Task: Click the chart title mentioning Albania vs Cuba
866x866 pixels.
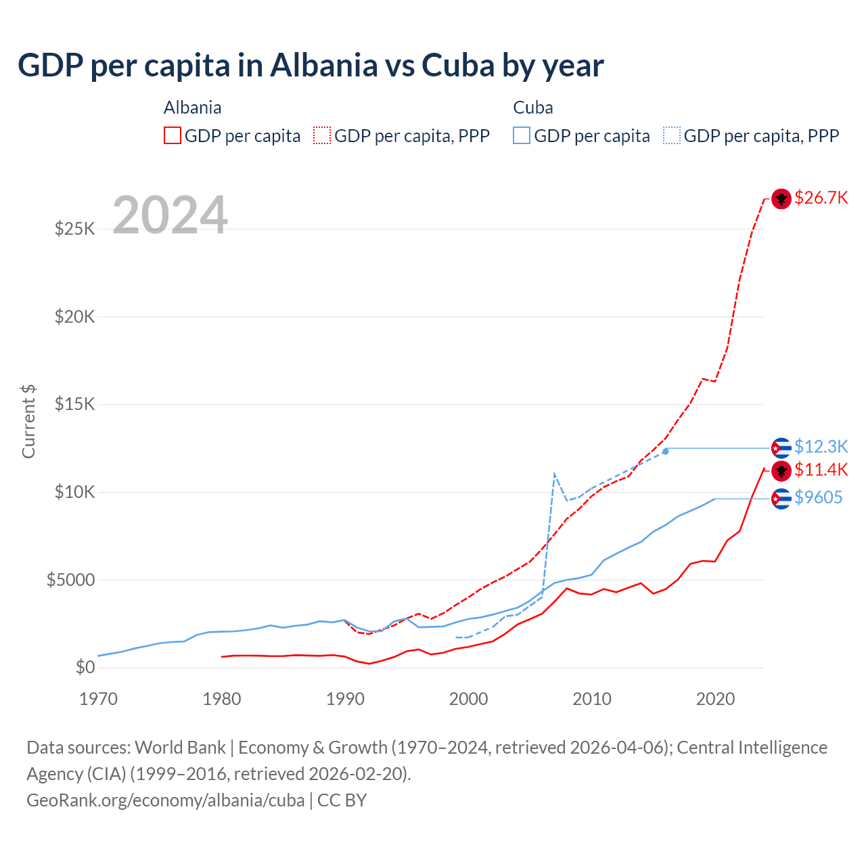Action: (x=311, y=66)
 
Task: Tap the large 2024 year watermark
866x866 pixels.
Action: (x=170, y=215)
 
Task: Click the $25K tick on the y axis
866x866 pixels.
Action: (x=74, y=229)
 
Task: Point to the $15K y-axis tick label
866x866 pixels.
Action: (x=74, y=404)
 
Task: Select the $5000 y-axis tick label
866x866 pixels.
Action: (x=70, y=580)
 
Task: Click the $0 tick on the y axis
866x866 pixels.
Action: (x=85, y=667)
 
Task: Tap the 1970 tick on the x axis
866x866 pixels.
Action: (x=99, y=699)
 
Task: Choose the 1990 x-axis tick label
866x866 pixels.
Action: (x=346, y=699)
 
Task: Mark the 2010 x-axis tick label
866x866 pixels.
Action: (x=592, y=699)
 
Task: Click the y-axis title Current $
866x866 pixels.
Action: (x=28, y=421)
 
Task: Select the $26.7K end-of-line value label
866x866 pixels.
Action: (x=821, y=198)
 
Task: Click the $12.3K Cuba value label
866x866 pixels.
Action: (x=821, y=447)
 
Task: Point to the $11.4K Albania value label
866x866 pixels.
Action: (x=821, y=470)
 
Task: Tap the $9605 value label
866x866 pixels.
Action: (x=818, y=498)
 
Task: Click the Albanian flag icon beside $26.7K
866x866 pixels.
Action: (x=781, y=199)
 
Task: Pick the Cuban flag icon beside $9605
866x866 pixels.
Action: (x=781, y=499)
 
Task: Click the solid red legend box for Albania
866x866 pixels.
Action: (x=173, y=135)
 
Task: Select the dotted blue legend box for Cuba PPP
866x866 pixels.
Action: (x=672, y=135)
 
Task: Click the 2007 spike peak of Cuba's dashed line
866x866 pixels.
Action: (x=555, y=474)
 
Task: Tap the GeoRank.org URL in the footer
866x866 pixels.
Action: (x=166, y=800)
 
